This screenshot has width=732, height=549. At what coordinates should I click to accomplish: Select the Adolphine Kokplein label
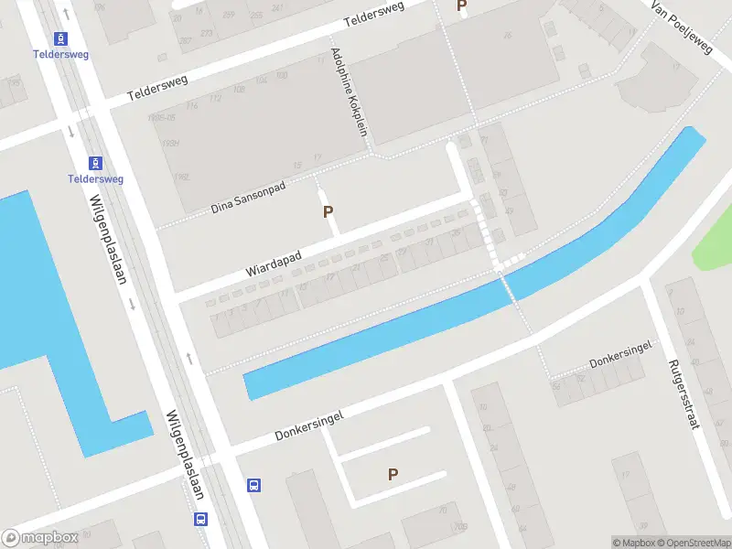coord(349,91)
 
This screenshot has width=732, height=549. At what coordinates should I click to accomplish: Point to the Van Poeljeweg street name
coord(682,27)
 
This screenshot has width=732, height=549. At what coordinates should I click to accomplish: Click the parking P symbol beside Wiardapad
coord(328,212)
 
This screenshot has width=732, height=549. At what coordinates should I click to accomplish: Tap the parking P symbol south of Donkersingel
coord(393,474)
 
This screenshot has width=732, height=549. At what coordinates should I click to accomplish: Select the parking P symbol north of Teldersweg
coord(462,6)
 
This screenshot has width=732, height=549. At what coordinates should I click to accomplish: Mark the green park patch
coord(715,240)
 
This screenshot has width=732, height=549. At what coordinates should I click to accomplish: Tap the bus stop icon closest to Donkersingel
coord(254,486)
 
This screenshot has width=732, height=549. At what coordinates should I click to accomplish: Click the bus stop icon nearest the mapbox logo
coord(200,519)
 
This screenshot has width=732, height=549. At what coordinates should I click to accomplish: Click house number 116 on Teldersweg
coord(192,107)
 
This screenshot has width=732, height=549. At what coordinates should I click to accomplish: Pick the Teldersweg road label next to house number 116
coord(157,88)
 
